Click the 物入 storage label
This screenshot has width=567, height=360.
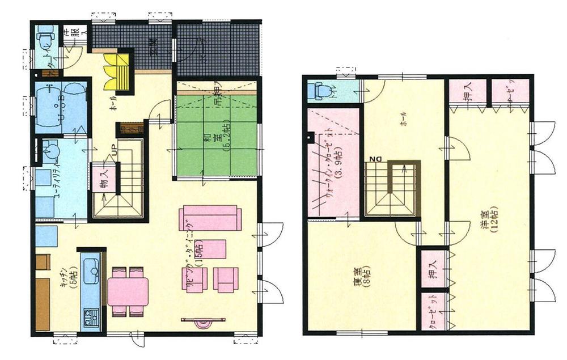tap(104, 184)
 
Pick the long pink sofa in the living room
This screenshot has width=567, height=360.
tap(210, 218)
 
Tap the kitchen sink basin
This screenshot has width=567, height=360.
tap(91, 271)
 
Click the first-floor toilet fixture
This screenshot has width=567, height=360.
tap(44, 39)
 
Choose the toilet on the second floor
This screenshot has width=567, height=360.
tap(323, 90)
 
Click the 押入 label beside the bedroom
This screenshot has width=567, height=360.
tap(432, 266)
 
